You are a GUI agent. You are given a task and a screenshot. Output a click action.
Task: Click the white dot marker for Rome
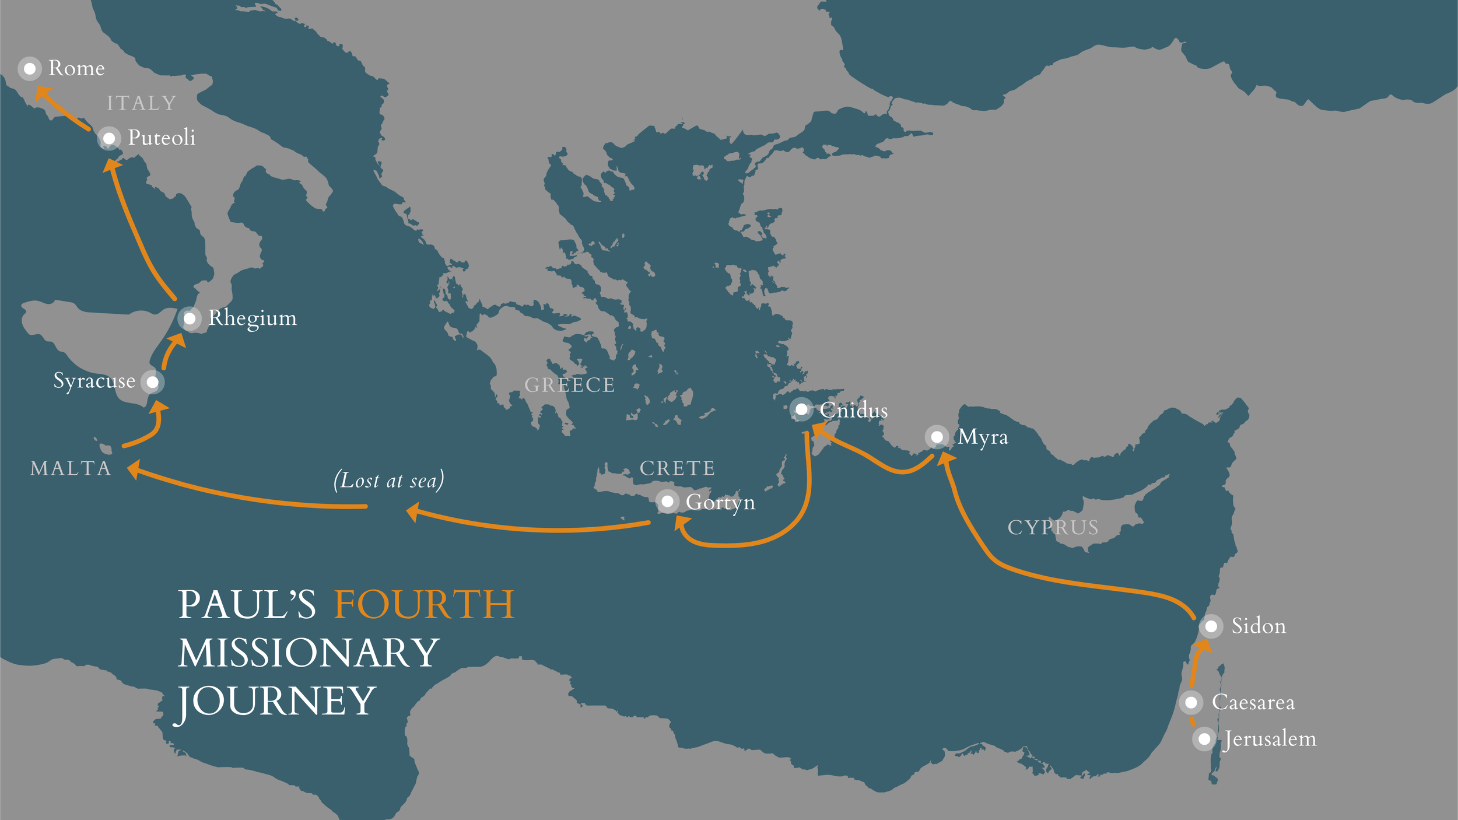click(30, 69)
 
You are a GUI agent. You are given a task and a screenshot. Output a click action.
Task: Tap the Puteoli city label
click(162, 138)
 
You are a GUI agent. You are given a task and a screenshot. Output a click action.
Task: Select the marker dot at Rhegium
click(190, 319)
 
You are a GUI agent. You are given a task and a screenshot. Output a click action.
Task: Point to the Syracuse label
click(94, 381)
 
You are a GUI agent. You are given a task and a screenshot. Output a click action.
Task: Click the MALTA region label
click(71, 468)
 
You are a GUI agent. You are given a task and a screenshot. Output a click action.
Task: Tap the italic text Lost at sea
click(388, 481)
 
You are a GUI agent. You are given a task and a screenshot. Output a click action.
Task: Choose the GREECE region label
click(570, 385)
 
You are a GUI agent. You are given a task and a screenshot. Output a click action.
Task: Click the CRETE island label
click(677, 468)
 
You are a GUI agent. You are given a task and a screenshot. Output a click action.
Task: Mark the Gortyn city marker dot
click(667, 502)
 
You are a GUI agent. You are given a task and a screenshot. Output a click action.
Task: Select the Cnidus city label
click(853, 411)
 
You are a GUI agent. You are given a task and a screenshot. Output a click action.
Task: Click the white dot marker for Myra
click(937, 437)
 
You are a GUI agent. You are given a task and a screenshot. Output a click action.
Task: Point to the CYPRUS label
click(1053, 527)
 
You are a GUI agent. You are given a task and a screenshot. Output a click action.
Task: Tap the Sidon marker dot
click(1211, 626)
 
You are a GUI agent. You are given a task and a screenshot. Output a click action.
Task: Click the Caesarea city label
click(1253, 702)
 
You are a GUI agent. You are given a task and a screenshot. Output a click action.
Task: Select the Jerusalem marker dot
click(1204, 740)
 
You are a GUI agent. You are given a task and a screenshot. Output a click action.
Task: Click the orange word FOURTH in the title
click(424, 605)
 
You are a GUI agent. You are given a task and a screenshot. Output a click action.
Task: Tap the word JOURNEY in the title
click(277, 701)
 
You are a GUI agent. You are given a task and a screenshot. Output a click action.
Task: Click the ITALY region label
click(142, 103)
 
